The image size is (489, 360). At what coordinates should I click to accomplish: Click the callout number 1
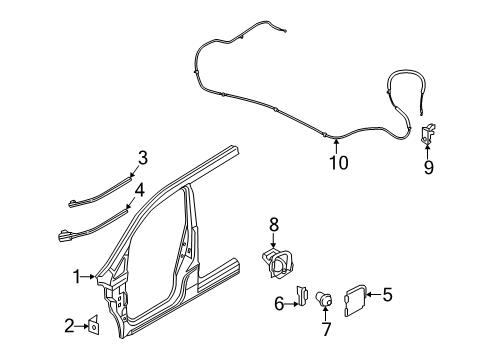[x=74, y=276]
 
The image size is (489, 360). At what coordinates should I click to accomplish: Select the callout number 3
[x=143, y=157]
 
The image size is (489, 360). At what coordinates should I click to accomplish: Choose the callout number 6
[x=279, y=303]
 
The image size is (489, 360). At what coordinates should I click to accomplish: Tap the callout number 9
[x=429, y=168]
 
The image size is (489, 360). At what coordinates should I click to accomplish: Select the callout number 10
[x=339, y=162]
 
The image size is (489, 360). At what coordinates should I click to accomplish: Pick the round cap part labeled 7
[x=325, y=298]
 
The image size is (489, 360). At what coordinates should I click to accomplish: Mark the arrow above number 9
[x=429, y=150]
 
